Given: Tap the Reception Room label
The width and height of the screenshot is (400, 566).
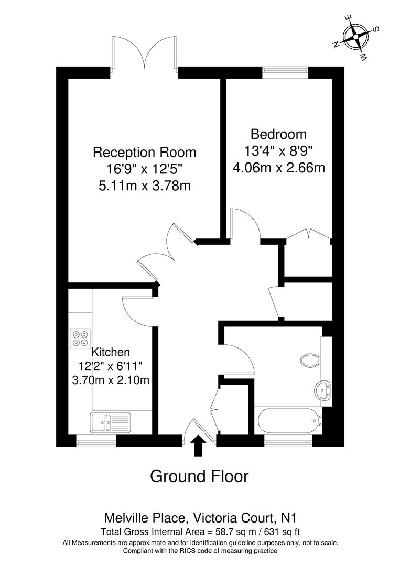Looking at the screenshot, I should point(144,153).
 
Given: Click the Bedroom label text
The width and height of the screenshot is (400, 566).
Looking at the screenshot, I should point(278,134).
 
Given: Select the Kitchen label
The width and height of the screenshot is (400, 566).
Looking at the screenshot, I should point(111,352).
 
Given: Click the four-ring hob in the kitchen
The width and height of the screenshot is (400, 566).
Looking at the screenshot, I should point(80,338).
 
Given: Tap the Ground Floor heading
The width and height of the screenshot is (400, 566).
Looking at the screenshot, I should point(199,476).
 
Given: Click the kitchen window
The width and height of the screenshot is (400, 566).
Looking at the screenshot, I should point(96,442).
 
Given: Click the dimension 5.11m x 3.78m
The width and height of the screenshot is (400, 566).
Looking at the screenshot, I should point(144,186).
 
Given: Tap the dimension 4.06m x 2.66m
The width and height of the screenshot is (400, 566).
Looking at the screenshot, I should point(278,168).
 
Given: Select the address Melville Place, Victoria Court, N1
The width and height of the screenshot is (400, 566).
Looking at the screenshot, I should point(200,519).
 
